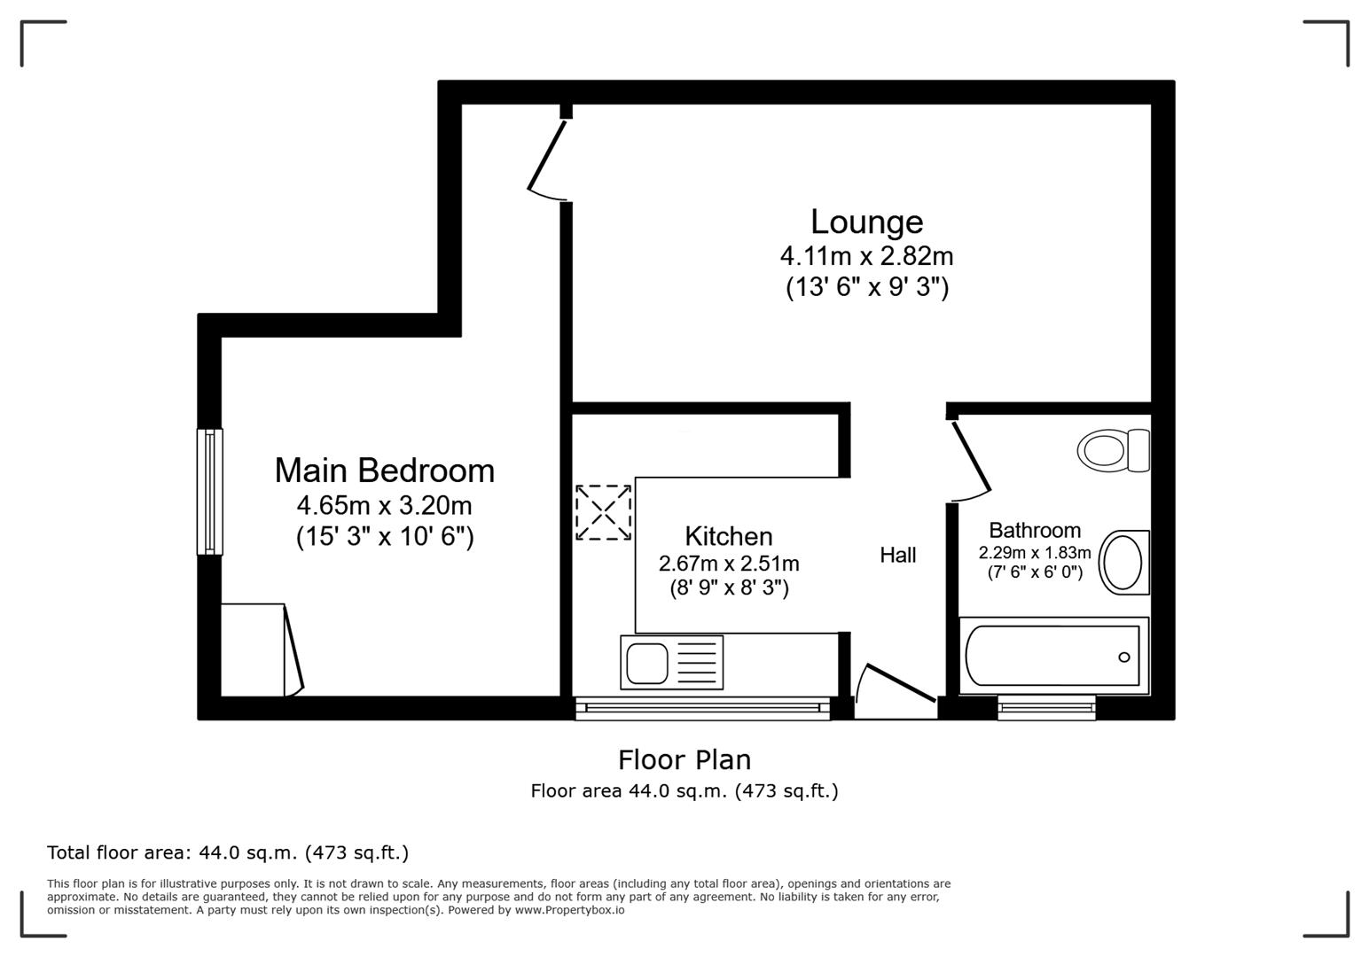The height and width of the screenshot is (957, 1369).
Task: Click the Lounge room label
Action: pyautogui.click(x=866, y=222)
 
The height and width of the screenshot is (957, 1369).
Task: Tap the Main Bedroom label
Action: pyautogui.click(x=384, y=470)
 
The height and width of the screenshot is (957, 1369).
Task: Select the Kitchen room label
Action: pyautogui.click(x=728, y=536)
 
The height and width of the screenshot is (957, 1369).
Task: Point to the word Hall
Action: pyautogui.click(x=897, y=555)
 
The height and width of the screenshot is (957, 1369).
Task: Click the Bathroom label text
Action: pyautogui.click(x=1034, y=530)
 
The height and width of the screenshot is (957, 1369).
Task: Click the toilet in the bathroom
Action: pyautogui.click(x=1112, y=450)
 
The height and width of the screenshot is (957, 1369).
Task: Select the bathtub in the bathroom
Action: pyautogui.click(x=1052, y=656)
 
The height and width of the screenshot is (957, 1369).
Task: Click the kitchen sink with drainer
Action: pyautogui.click(x=671, y=662)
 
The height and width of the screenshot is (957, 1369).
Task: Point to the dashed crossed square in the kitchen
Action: pyautogui.click(x=603, y=511)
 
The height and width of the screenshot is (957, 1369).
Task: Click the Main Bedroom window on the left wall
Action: pyautogui.click(x=209, y=491)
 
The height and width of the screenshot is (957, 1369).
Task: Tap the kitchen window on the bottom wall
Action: pyautogui.click(x=701, y=707)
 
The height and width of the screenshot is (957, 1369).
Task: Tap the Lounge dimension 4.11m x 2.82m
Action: pyautogui.click(x=866, y=256)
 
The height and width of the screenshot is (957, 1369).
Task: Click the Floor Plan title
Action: pyautogui.click(x=684, y=759)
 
